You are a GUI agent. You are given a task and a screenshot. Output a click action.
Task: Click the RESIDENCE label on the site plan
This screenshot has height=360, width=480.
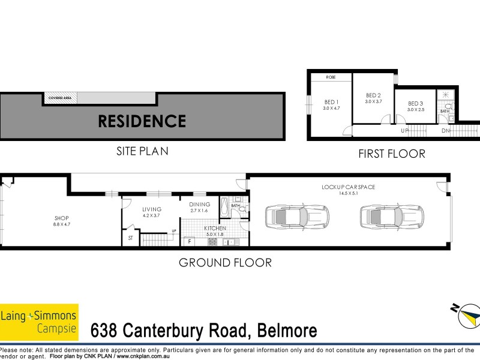click(142, 121)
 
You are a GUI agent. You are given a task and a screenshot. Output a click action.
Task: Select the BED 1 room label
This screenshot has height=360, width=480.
click(331, 104)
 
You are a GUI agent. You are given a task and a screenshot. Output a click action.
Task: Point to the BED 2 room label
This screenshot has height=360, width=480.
click(373, 98)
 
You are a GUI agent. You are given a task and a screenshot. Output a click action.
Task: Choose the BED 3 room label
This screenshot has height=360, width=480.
click(415, 106)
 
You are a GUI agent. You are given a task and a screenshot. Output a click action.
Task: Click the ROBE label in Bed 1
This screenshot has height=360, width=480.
click(331, 77)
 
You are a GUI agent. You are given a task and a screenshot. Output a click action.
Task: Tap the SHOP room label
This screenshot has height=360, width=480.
click(62, 221)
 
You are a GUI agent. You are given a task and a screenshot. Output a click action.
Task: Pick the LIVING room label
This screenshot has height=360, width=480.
click(152, 212)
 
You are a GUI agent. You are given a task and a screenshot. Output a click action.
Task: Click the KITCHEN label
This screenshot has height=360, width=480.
click(214, 229)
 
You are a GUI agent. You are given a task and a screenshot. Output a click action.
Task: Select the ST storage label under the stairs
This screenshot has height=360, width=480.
click(130, 238)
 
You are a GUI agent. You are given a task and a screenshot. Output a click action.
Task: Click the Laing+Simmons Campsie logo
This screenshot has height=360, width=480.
click(39, 322)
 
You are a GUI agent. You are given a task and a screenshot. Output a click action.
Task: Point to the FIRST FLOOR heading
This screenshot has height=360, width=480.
click(391, 154)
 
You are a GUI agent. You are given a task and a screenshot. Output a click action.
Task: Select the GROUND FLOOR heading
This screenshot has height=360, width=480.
click(225, 262)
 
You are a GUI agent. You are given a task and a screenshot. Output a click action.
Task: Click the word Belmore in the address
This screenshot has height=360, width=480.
click(287, 331)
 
